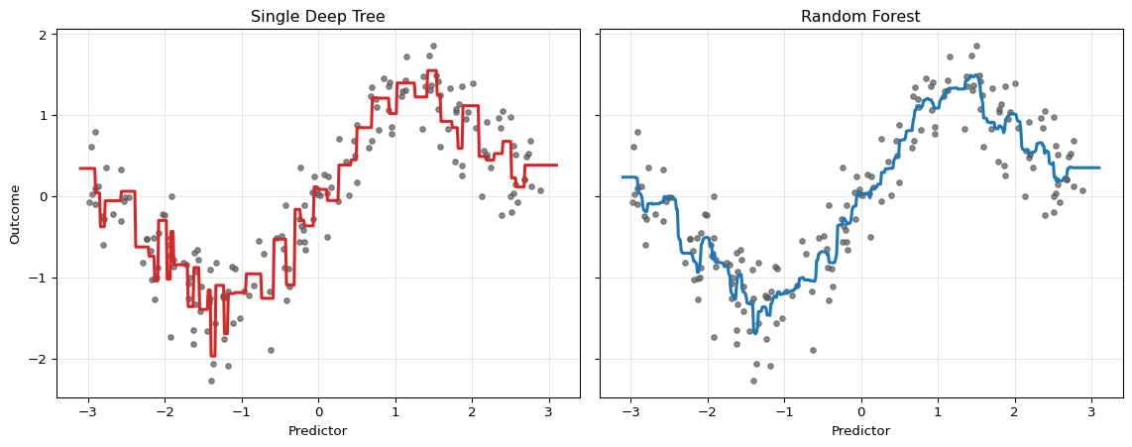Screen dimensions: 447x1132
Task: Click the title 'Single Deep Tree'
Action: coord(317,17)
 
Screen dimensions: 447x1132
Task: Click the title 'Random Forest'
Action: coord(860,17)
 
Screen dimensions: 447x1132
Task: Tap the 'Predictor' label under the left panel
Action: coord(317,431)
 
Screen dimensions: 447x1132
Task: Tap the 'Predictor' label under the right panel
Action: coord(860,431)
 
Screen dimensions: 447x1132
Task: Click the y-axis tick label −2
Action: coord(41,359)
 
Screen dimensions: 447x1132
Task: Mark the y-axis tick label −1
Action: coord(41,278)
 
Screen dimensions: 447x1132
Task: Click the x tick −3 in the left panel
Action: coord(87,409)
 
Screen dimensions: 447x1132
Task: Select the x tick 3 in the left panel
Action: coord(548,409)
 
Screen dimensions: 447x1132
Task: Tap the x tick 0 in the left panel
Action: coord(318,409)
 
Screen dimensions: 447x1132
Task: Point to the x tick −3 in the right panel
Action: coord(630,409)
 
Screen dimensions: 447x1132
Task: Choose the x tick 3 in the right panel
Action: coord(1091,409)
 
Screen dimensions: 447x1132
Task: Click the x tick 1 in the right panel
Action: coord(938,409)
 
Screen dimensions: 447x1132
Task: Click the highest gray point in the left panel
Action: coord(433,46)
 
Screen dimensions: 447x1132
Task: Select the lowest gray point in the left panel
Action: coord(211,381)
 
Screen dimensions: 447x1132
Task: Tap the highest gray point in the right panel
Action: coord(976,46)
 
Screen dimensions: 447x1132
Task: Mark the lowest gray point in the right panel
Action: coord(754,381)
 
